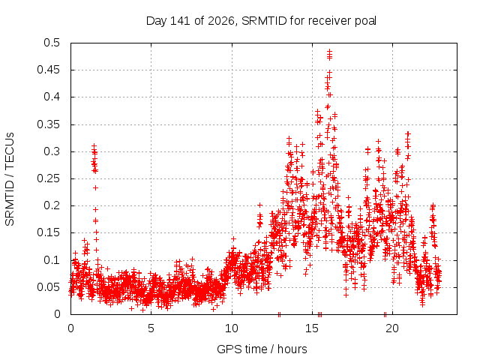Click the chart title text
tap(261, 21)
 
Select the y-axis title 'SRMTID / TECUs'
tap(10, 179)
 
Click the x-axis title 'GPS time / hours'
tap(262, 349)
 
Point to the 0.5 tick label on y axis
tap(52, 43)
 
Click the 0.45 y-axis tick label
tap(49, 70)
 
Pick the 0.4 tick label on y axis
tap(52, 97)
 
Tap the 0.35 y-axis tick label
tap(49, 124)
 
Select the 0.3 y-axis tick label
tap(52, 151)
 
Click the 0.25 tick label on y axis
tap(49, 178)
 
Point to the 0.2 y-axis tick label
tap(52, 205)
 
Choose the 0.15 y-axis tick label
tap(49, 232)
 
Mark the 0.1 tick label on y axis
tap(52, 260)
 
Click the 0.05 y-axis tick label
tap(49, 287)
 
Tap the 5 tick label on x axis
tap(151, 328)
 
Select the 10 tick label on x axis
tap(232, 328)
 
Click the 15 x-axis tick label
tap(312, 328)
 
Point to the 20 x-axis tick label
tap(392, 328)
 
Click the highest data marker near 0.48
tap(329, 52)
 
